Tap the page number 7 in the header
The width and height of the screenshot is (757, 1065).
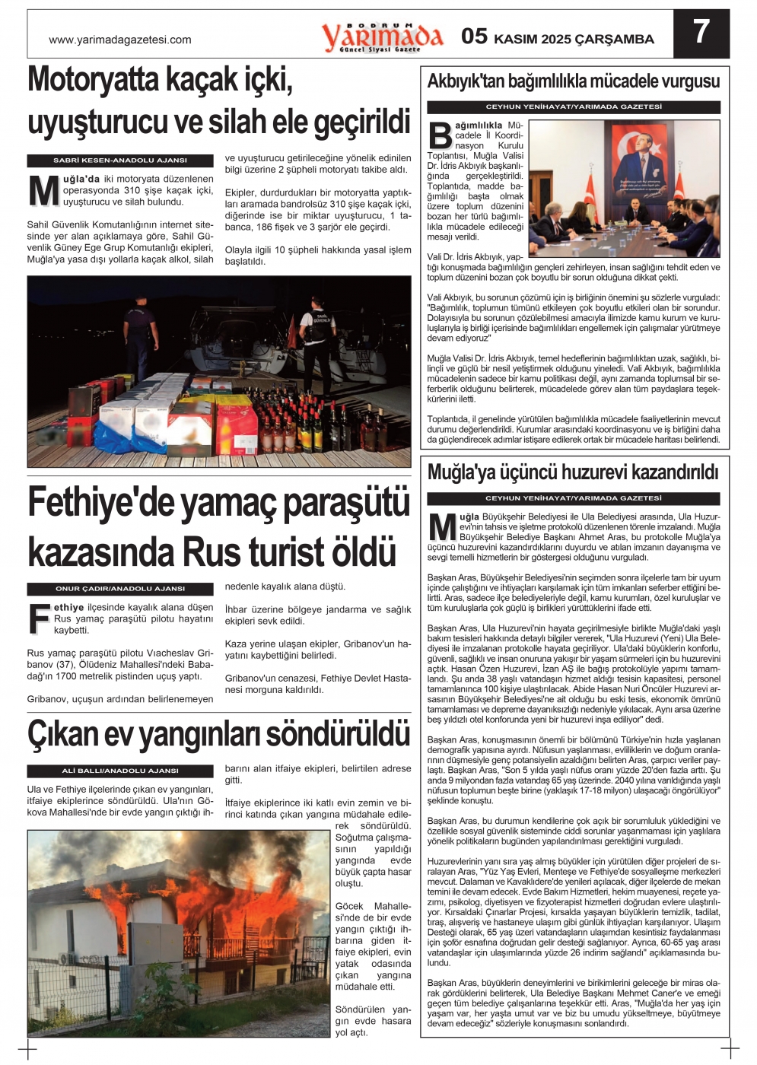701,33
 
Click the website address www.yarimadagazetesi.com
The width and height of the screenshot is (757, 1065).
120,40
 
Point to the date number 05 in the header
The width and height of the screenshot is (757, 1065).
474,37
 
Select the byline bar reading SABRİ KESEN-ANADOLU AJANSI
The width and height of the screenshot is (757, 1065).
120,161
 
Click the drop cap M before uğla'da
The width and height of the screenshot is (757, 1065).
43,192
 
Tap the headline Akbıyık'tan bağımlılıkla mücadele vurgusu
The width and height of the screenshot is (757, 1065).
574,81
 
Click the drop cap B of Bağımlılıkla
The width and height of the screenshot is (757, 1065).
440,135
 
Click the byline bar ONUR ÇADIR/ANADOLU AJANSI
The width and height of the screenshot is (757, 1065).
120,589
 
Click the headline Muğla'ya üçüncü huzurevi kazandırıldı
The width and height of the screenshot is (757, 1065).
572,472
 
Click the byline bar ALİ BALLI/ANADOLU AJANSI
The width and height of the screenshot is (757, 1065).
120,771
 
